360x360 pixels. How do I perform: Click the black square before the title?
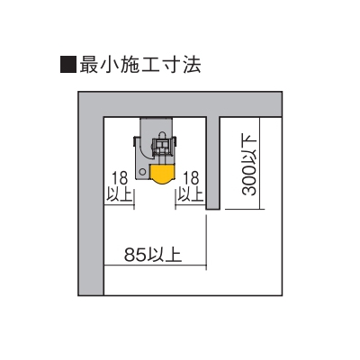[68, 64]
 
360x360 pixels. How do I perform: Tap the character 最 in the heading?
[89, 64]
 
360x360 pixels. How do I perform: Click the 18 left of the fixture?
[120, 178]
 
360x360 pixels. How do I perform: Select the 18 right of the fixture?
[192, 178]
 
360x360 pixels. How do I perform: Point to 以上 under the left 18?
[120, 194]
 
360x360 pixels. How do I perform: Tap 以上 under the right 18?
[191, 194]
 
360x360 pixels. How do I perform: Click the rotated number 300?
[249, 181]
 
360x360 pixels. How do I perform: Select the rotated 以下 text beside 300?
[249, 149]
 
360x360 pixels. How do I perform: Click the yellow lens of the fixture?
[162, 174]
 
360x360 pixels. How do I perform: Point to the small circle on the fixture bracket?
[143, 172]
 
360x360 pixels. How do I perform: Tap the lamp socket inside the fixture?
[162, 147]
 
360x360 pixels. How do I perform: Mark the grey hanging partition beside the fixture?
[213, 163]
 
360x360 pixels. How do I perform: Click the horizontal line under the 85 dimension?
[155, 265]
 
